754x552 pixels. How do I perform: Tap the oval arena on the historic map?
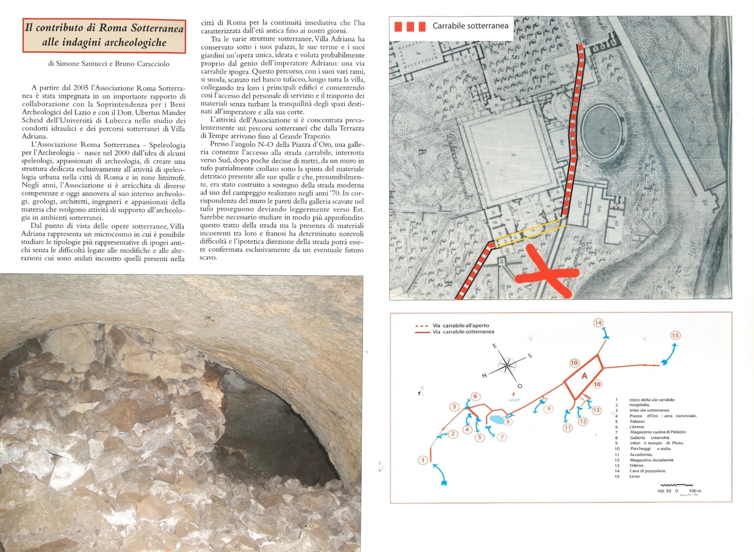(601, 130)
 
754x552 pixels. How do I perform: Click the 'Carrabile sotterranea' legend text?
(470, 26)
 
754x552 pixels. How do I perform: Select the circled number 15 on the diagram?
(675, 335)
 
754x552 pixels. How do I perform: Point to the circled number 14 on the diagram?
(598, 323)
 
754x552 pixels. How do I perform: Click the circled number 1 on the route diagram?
(423, 460)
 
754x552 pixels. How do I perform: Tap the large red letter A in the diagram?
(584, 376)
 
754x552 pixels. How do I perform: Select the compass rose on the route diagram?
(507, 366)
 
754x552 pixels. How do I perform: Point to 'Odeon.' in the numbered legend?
(637, 465)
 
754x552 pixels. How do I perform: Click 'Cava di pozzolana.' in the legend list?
(647, 471)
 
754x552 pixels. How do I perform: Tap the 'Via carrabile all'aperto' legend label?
(460, 325)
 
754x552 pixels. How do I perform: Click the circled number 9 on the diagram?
(548, 409)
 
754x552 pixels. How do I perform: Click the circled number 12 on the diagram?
(583, 421)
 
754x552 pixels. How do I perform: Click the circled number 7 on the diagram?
(502, 437)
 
